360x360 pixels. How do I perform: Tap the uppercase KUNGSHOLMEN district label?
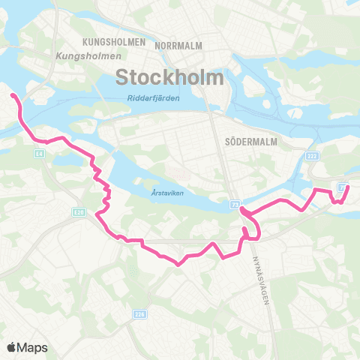pyautogui.click(x=115, y=43)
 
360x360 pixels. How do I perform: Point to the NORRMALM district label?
pyautogui.click(x=178, y=46)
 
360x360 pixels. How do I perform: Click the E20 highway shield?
pyautogui.click(x=79, y=211)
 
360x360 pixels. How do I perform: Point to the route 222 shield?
pyautogui.click(x=312, y=154)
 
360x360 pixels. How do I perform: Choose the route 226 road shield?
pyautogui.click(x=138, y=315)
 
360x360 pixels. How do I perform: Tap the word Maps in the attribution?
pyautogui.click(x=33, y=347)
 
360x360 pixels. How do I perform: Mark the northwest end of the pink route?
pyautogui.click(x=13, y=95)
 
